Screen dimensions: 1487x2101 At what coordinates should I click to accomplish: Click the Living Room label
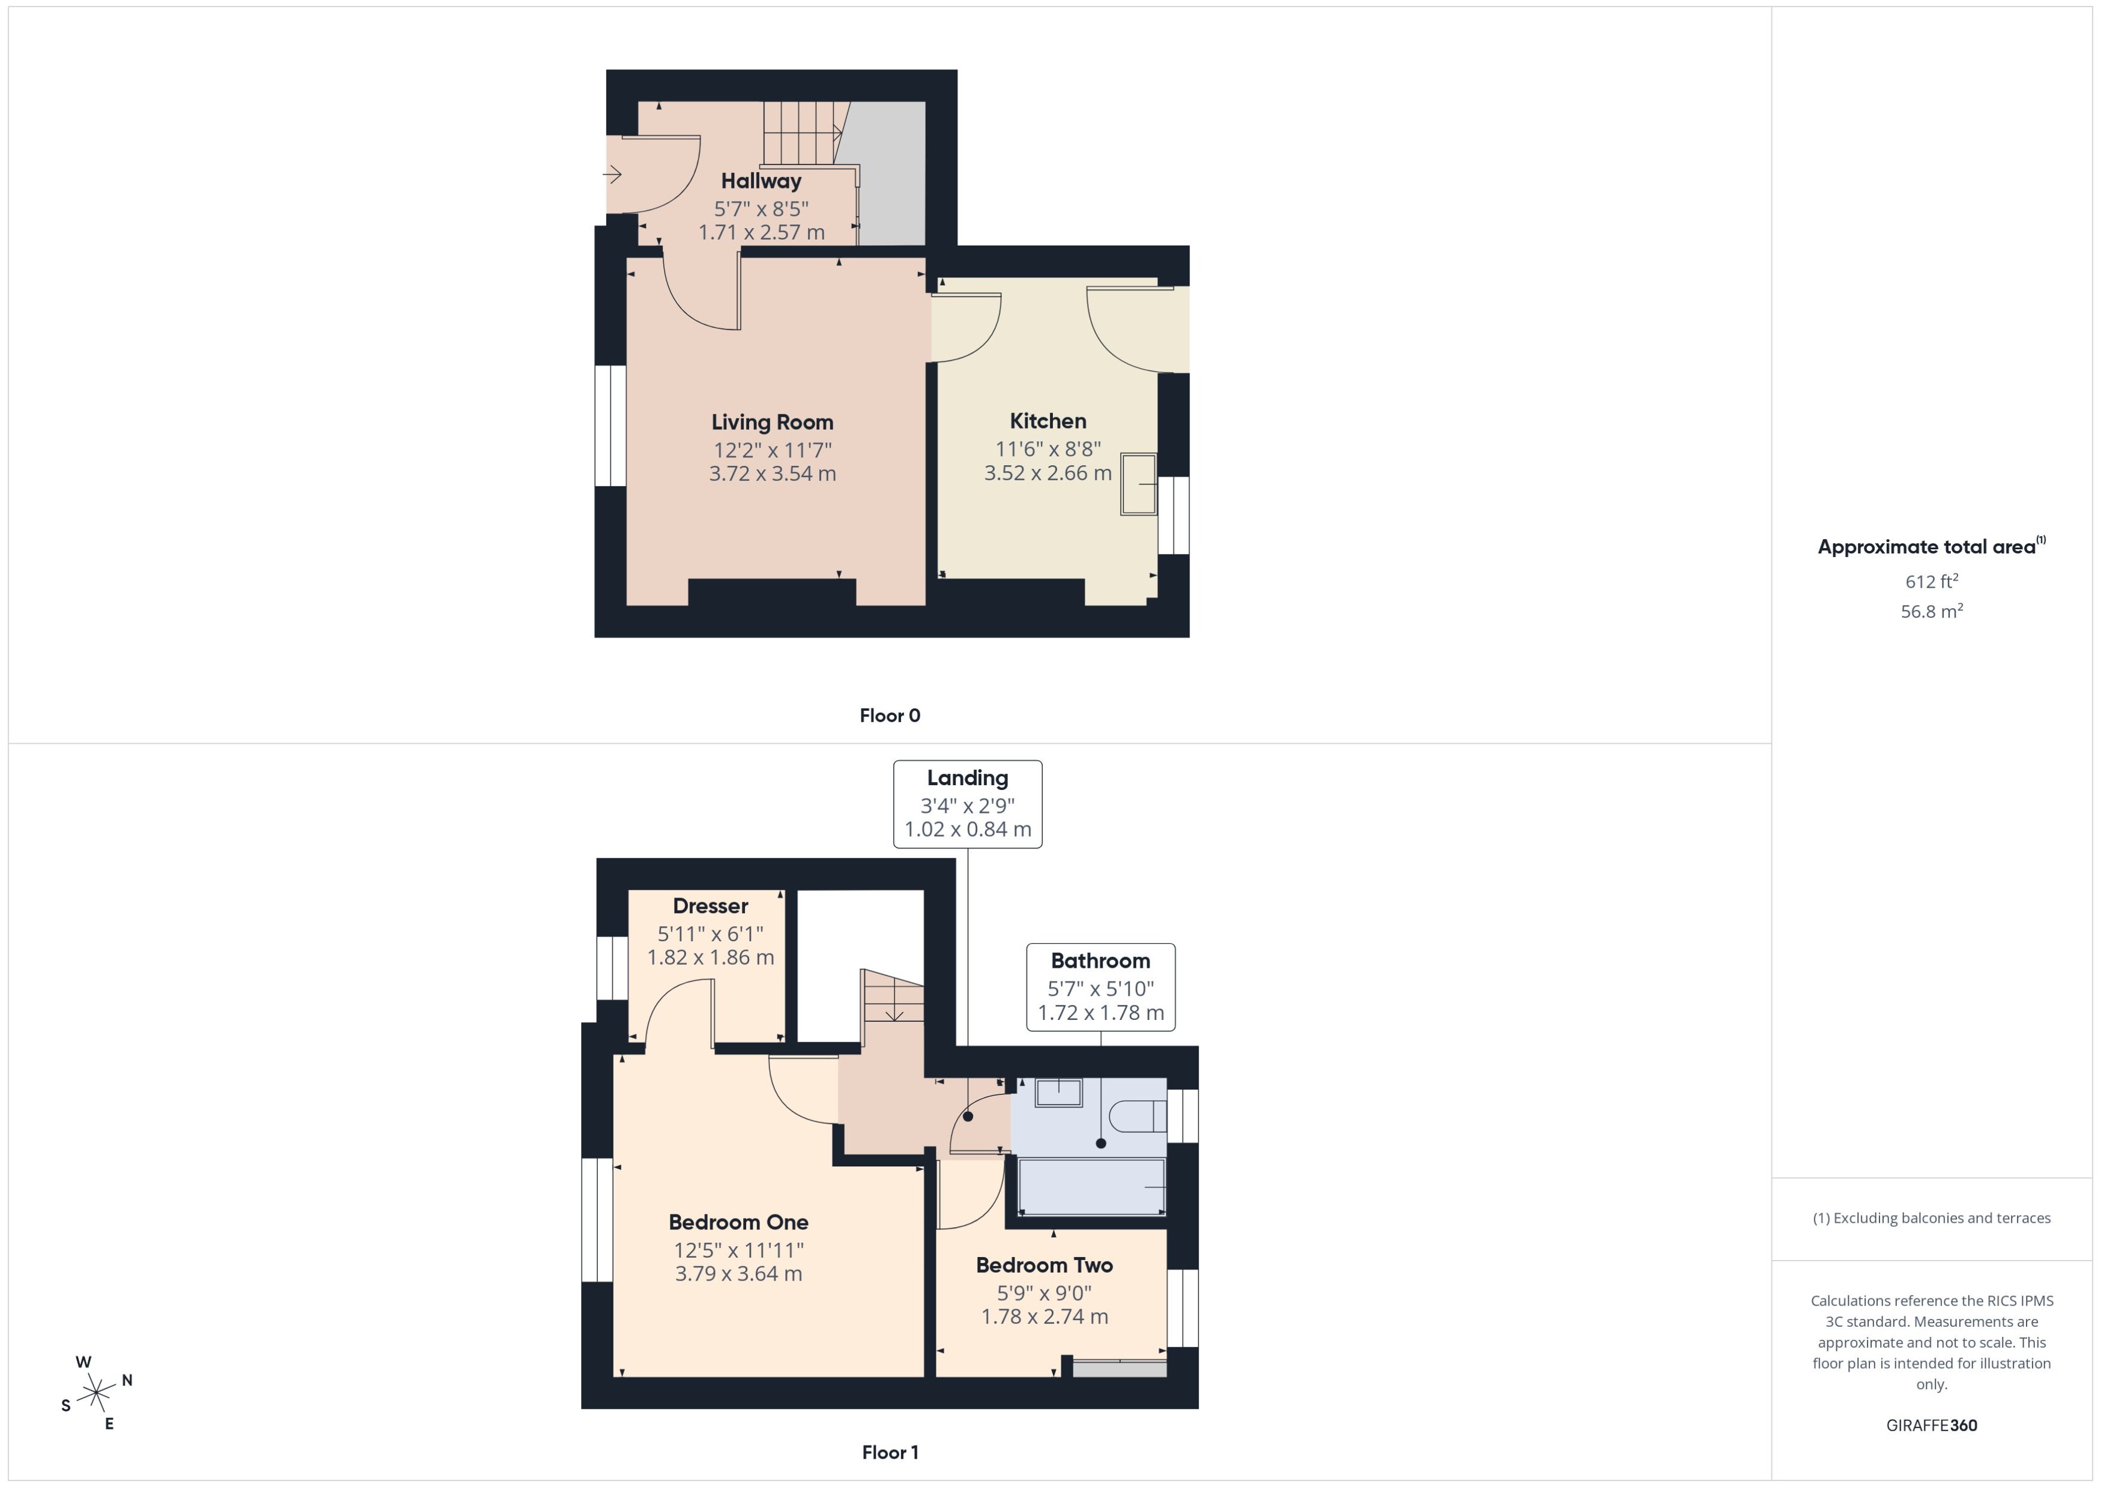(772, 422)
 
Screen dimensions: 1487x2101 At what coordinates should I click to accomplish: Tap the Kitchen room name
(1047, 421)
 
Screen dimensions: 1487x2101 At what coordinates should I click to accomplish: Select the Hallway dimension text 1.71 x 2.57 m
(761, 232)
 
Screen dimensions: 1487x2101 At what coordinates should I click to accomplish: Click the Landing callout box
(966, 803)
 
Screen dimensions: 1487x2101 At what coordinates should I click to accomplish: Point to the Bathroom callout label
(1100, 961)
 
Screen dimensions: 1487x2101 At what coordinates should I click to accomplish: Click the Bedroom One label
(738, 1222)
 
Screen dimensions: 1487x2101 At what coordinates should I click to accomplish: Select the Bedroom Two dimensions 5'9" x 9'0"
(1044, 1293)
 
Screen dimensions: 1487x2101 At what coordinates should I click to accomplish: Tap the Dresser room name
(710, 905)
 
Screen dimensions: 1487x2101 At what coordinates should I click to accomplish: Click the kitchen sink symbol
(1139, 484)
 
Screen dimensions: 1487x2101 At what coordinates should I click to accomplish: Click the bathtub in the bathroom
(1091, 1187)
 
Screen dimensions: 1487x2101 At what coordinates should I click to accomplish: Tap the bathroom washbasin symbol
(1058, 1093)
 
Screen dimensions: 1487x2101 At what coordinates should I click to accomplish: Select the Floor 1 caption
(889, 1452)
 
